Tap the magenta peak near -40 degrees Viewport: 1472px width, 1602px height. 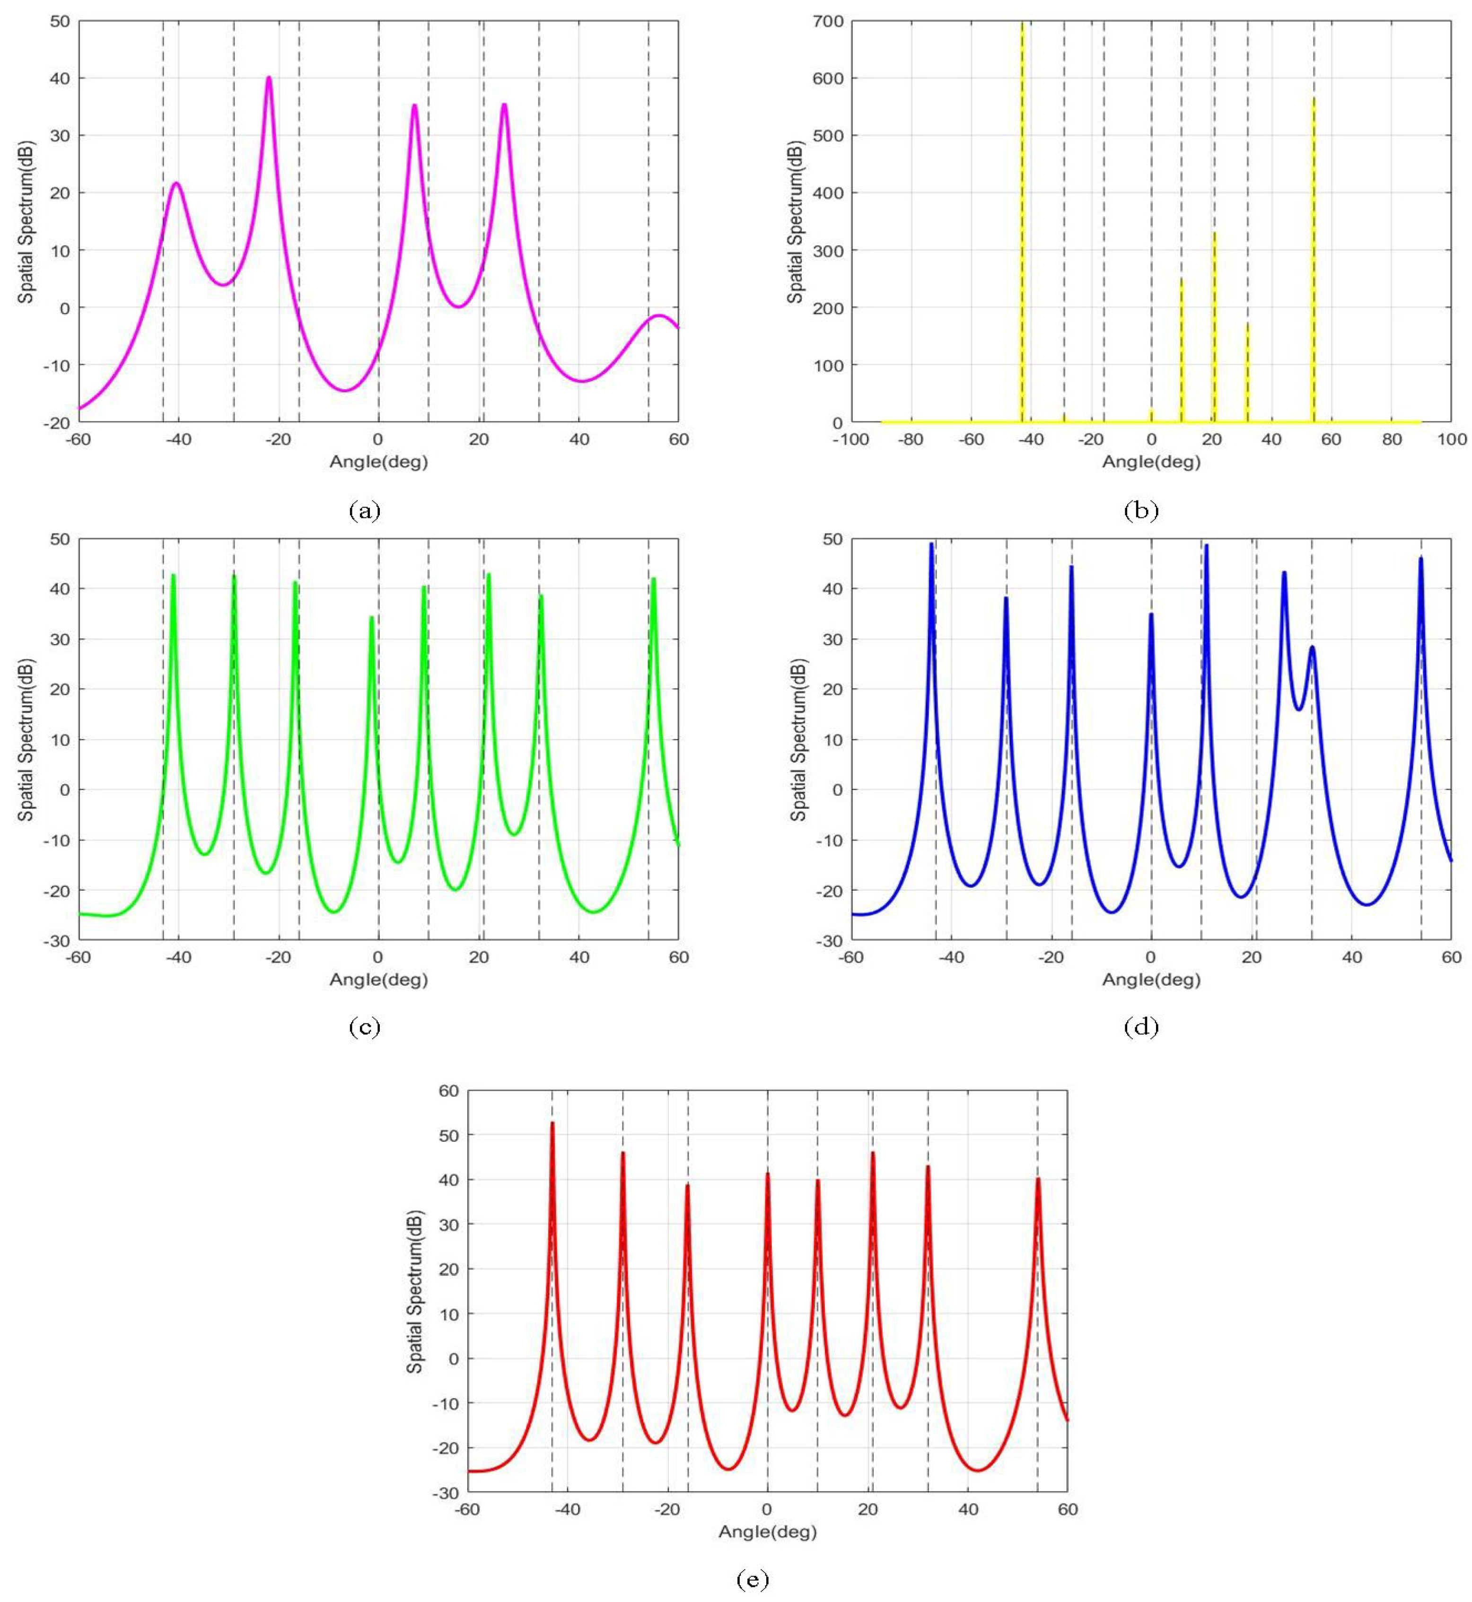pyautogui.click(x=176, y=184)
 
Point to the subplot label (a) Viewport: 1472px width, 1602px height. pyautogui.click(x=365, y=511)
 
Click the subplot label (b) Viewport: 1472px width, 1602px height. pyautogui.click(x=1140, y=511)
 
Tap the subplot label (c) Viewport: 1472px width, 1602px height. pyautogui.click(x=365, y=1028)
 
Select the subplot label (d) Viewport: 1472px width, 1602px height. pyautogui.click(x=1140, y=1028)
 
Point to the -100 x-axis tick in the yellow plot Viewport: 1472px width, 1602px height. pyautogui.click(x=850, y=440)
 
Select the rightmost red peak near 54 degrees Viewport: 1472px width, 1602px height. pyautogui.click(x=1038, y=1180)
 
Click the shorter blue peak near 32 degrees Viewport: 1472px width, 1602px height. pyautogui.click(x=1312, y=648)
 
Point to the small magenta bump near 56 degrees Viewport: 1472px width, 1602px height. pyautogui.click(x=659, y=316)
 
